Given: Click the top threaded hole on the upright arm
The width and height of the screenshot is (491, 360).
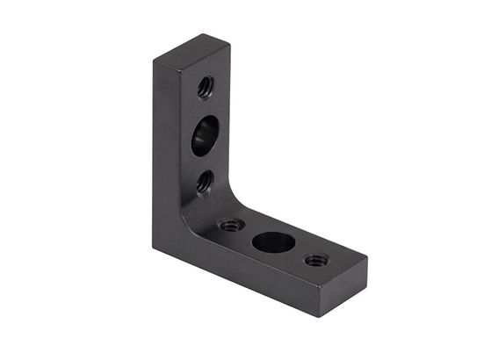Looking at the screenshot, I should click(206, 86).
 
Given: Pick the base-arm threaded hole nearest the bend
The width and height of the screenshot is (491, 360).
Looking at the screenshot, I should click(232, 225).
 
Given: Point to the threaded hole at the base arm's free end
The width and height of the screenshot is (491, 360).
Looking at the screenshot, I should click(316, 260).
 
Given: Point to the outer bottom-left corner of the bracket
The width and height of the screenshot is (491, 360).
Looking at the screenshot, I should click(154, 248).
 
